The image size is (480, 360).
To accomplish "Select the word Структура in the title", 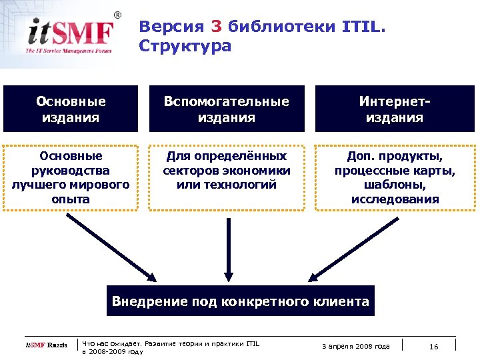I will [185, 46].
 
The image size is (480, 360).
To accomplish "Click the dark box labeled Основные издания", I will [71, 109].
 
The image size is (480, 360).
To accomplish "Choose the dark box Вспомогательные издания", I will [227, 109].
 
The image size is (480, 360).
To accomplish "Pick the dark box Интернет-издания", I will [395, 109].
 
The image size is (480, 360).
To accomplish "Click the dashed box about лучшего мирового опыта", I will [71, 177].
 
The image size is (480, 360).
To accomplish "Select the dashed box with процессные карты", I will [395, 177].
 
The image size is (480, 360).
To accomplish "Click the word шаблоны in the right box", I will [395, 185].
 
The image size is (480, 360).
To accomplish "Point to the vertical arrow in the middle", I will [228, 247].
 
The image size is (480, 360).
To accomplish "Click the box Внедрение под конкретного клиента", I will [240, 301].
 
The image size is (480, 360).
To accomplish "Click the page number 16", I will [434, 346].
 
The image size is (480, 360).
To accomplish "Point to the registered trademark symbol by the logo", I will [118, 15].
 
